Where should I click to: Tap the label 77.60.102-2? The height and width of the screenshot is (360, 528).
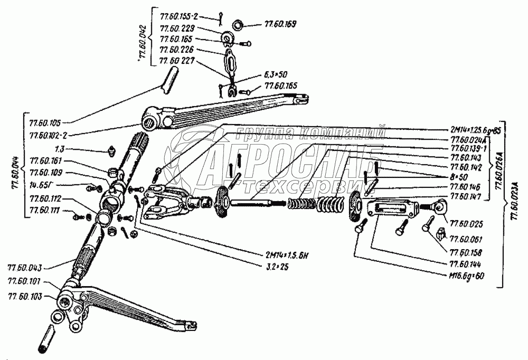click(49, 135)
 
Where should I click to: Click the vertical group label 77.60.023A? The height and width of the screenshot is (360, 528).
click(510, 203)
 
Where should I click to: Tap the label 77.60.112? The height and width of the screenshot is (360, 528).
click(46, 199)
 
